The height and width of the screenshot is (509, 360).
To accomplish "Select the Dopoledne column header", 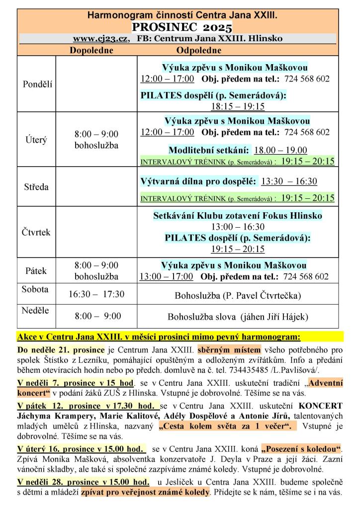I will tap(91, 50).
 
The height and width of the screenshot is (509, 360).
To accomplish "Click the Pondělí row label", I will tap(37, 84).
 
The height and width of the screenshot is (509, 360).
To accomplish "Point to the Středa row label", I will tap(37, 187).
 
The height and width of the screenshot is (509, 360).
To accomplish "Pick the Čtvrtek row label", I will tap(37, 232).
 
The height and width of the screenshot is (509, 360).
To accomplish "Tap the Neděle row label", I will tap(35, 311).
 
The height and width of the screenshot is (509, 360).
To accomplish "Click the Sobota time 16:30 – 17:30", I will tap(96, 294).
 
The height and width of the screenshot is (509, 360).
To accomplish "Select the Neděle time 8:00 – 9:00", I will tap(98, 316).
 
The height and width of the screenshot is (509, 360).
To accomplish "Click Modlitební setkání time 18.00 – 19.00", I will tap(280, 151).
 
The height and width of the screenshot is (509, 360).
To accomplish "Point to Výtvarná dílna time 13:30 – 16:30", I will tap(289, 181).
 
